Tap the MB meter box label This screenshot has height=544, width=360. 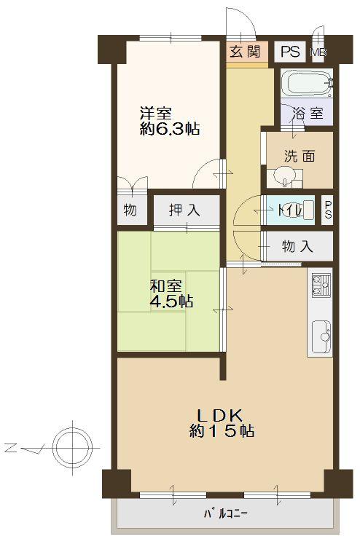(318, 52)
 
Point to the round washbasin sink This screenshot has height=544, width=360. (283, 177)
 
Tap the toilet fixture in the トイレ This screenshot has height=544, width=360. (308, 210)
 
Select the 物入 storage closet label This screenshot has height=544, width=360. (297, 247)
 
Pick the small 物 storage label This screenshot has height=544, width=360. (130, 211)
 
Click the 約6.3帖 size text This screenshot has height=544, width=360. (170, 130)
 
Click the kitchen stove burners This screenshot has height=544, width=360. (319, 285)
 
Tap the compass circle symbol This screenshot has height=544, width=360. (72, 444)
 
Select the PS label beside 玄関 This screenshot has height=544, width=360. (290, 52)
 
